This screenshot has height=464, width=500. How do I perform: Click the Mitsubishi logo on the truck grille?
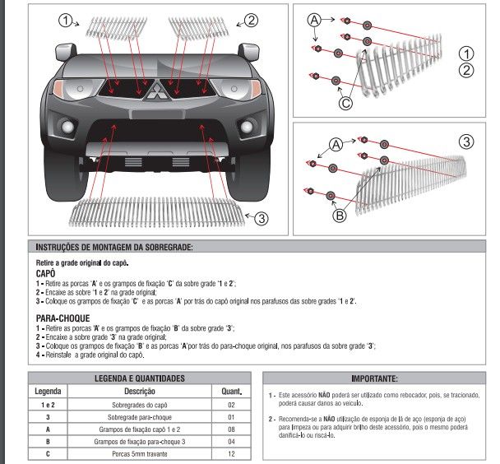point(156,90)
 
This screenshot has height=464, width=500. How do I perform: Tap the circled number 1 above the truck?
point(65,21)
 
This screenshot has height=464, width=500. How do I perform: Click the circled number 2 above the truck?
point(252,21)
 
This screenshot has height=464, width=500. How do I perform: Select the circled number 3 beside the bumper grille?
point(262,219)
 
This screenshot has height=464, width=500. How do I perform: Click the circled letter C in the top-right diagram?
point(345,103)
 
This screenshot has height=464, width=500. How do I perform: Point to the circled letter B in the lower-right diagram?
point(340,216)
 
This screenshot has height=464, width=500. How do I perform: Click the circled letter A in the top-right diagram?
point(314,20)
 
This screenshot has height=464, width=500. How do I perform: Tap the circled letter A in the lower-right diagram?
point(336,145)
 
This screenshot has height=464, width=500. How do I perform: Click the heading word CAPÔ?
point(45,274)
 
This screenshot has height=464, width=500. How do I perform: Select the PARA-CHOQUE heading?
point(62,318)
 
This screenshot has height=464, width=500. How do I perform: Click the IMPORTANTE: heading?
point(375,378)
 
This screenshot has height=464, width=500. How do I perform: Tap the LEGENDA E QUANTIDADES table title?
point(140,378)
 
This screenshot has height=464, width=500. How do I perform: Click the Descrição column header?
point(140,391)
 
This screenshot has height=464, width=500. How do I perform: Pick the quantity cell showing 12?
point(231,453)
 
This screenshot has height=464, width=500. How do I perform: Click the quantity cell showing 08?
point(231,429)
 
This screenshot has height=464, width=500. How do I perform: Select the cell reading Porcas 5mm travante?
point(140,453)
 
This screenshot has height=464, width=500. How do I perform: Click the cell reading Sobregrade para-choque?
point(140,417)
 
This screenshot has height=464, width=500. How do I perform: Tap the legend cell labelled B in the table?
point(48,442)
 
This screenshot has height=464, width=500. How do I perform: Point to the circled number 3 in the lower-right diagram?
point(466,142)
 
